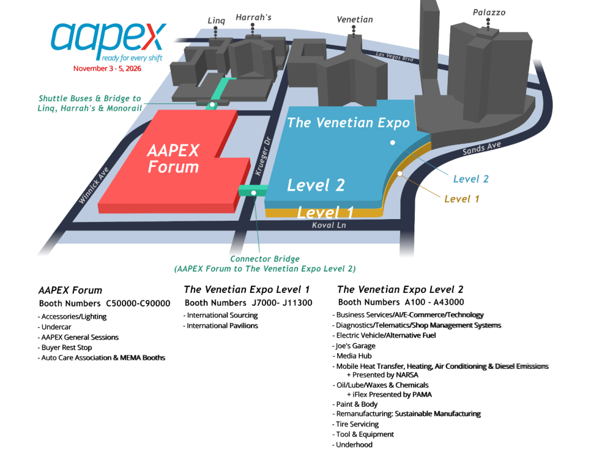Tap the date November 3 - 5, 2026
click(x=107, y=69)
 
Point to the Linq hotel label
click(x=216, y=20)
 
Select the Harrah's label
click(x=253, y=17)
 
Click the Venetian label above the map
click(x=355, y=19)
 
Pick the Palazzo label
click(x=489, y=12)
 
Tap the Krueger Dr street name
click(x=263, y=156)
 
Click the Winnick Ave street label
click(x=94, y=186)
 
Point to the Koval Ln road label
click(x=329, y=225)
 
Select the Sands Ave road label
click(x=481, y=148)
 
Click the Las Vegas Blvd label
click(x=394, y=56)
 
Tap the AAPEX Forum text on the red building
click(x=173, y=158)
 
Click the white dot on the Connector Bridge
click(x=254, y=193)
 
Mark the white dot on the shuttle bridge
click(x=212, y=105)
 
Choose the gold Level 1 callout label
click(x=461, y=199)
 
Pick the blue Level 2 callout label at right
click(x=471, y=179)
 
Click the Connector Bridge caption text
click(x=264, y=263)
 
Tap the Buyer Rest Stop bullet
click(x=65, y=347)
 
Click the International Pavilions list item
click(x=220, y=325)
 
